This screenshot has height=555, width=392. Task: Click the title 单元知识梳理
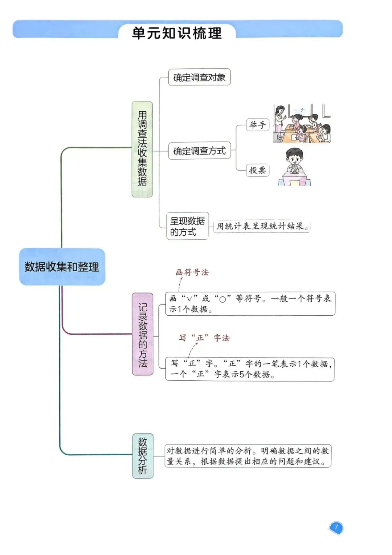(x=177, y=33)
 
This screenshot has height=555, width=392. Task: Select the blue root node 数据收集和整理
(x=62, y=267)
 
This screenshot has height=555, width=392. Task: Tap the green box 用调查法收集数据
(x=142, y=149)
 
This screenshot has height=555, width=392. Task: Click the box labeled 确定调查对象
(x=199, y=77)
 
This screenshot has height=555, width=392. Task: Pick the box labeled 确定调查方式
(x=199, y=151)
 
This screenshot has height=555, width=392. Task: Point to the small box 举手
(x=257, y=125)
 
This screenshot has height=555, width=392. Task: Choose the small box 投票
(x=257, y=170)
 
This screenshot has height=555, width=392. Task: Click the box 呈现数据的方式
(x=187, y=226)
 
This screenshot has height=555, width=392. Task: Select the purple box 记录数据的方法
(x=142, y=334)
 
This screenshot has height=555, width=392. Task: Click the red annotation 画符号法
(x=192, y=272)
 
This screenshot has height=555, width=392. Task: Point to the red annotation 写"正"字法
(x=204, y=338)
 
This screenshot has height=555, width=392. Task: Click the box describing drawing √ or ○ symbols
(x=250, y=304)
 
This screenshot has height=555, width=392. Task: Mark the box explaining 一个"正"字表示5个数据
(x=250, y=369)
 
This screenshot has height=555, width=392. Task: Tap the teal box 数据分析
(x=142, y=456)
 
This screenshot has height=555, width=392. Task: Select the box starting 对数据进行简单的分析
(x=248, y=456)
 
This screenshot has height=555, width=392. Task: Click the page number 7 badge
(x=336, y=527)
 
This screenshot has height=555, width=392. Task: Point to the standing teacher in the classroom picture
(x=279, y=122)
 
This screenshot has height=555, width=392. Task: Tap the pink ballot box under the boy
(x=295, y=180)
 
